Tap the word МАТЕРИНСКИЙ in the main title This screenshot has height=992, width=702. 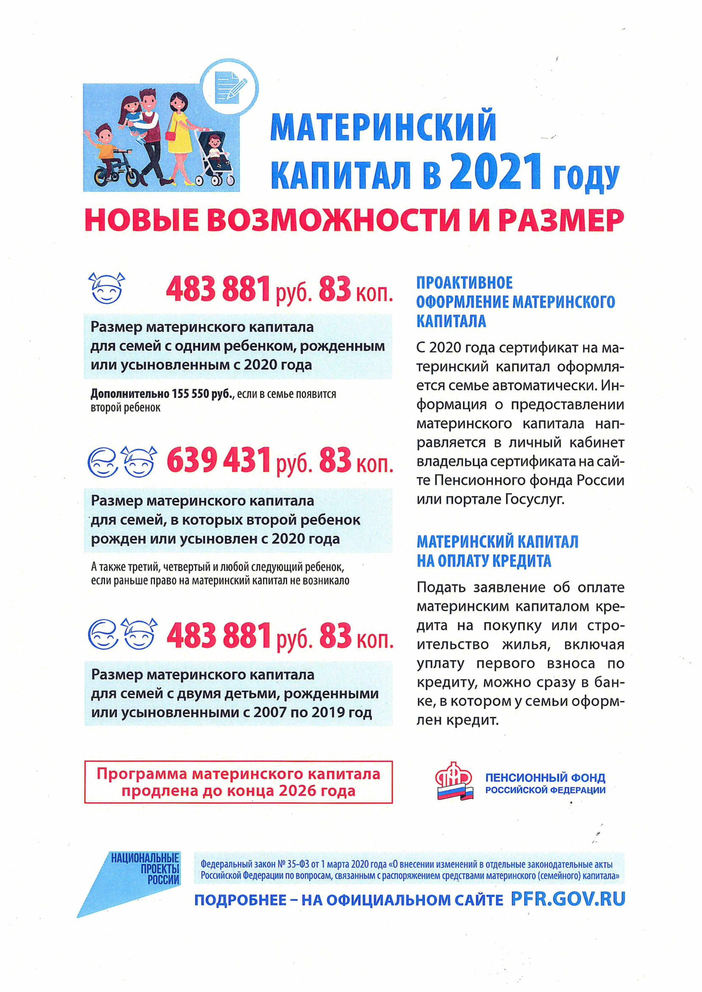[383, 126]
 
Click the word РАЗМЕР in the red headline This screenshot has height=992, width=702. [561, 220]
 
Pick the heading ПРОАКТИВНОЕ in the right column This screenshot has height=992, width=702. [464, 283]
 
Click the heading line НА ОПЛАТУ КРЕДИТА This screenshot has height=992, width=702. [484, 561]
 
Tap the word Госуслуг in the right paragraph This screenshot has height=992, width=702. [534, 500]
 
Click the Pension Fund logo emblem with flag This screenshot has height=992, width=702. [454, 781]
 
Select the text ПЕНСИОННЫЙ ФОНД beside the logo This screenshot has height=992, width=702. [545, 777]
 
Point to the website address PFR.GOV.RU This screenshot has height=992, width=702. [567, 899]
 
